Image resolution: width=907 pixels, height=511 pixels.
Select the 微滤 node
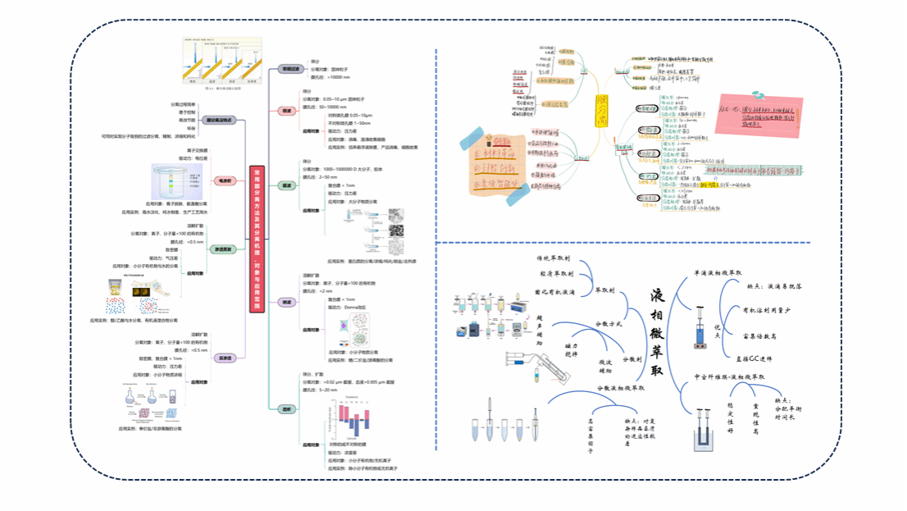click(x=287, y=110)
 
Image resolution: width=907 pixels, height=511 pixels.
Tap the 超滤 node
click(x=287, y=187)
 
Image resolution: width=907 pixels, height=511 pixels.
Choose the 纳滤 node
click(x=287, y=302)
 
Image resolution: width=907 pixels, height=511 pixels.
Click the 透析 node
click(x=287, y=408)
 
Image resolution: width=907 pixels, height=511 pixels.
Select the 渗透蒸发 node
click(x=222, y=249)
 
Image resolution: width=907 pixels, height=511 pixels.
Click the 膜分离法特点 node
click(x=219, y=120)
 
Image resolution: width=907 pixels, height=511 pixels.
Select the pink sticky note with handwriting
click(x=759, y=114)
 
